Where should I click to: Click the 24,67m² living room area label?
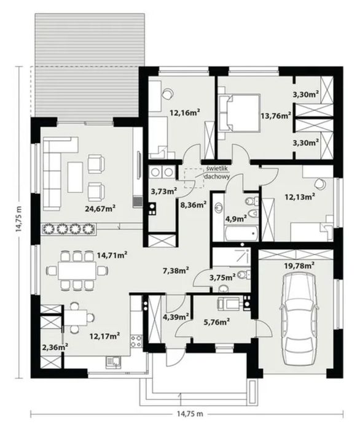click(x=100, y=209)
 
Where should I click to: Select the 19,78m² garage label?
click(x=299, y=265)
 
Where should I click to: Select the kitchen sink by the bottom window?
click(x=113, y=361)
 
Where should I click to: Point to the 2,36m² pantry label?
click(x=55, y=347)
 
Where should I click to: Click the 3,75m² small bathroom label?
click(x=222, y=277)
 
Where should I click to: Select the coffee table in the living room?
click(x=76, y=177)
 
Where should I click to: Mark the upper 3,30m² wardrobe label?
click(x=305, y=95)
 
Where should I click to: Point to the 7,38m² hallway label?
click(x=176, y=271)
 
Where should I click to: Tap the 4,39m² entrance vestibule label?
click(x=176, y=317)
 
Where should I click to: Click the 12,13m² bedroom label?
click(x=300, y=196)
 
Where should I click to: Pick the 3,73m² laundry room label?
click(x=164, y=191)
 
